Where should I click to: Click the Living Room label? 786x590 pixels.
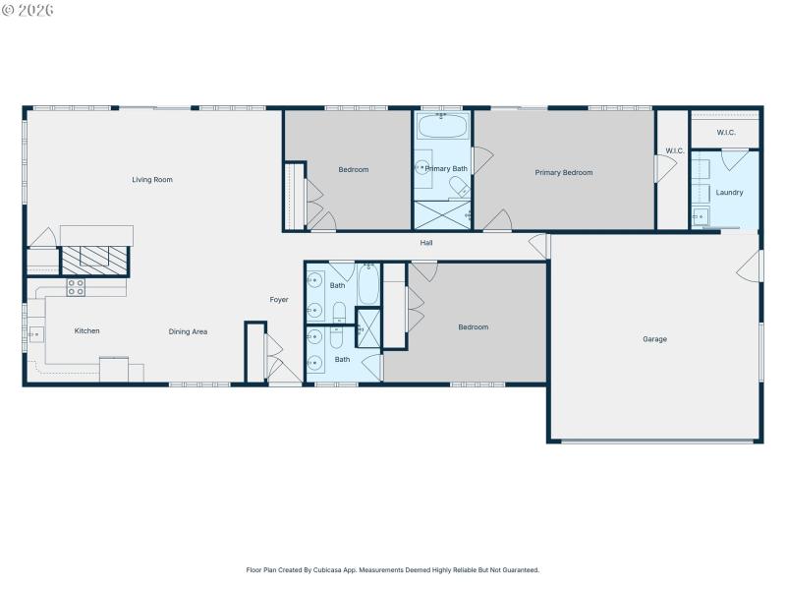pos(152,180)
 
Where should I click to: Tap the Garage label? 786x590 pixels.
pos(654,339)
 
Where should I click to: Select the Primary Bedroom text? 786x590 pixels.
pos(563,173)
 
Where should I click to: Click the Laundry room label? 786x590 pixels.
pos(729,193)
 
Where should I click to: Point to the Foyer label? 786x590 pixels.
pos(279,300)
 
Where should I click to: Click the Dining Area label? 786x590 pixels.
pos(188,331)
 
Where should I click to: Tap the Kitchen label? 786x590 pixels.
pos(87,331)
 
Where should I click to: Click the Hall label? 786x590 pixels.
pos(426,243)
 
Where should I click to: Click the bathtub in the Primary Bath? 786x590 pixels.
pos(442,128)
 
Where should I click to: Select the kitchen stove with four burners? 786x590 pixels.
pos(76,287)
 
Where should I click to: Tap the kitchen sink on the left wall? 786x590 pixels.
pos(35,333)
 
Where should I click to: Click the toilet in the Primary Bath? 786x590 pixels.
pos(459,187)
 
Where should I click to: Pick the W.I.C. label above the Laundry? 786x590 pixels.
pos(726,133)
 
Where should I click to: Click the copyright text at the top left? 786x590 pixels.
pos(28,10)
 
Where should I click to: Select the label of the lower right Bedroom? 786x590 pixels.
pos(473,327)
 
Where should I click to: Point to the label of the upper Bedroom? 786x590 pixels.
pos(354,170)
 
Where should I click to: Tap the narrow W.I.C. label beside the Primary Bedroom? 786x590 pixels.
pos(674,151)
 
